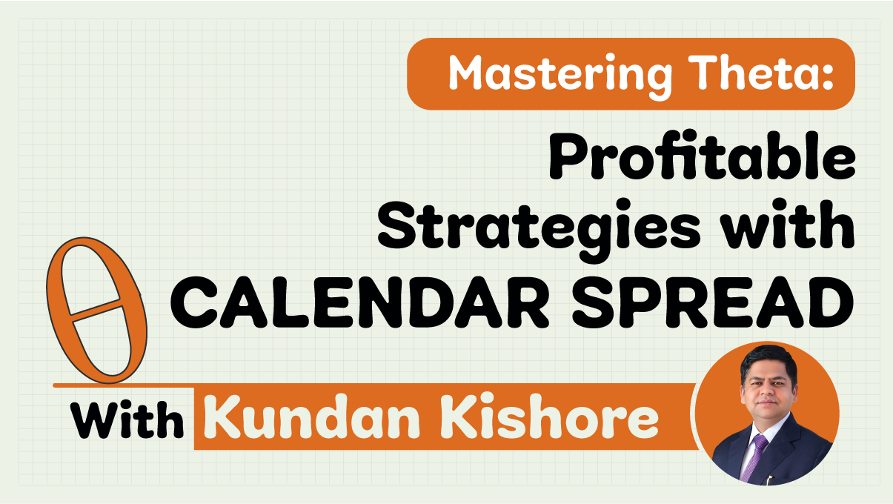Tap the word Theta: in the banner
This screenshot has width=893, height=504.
coord(760,72)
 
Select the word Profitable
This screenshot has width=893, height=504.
coord(702,156)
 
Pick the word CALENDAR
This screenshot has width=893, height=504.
coord(360,302)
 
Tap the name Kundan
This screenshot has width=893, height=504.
coord(314,417)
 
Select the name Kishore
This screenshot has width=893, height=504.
coord(549,417)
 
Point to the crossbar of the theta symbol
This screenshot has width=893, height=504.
coord(96,309)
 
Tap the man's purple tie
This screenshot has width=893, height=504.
coord(754,457)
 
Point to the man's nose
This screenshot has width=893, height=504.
coord(768,393)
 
